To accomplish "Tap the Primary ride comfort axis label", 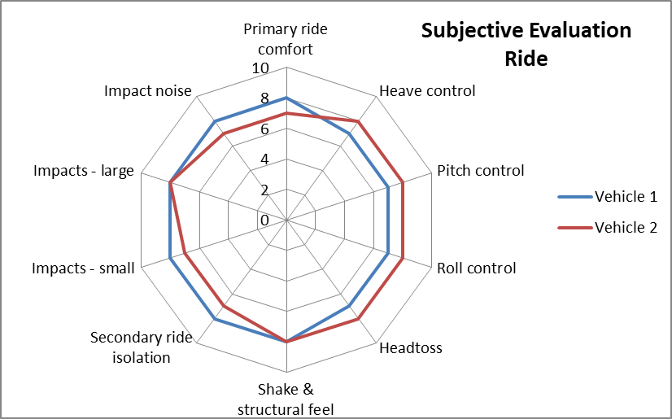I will coord(286,38).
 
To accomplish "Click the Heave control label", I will coord(427,90).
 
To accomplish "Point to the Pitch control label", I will coord(480,171).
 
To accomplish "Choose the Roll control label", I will coord(476,268).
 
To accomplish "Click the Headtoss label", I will coord(411,348).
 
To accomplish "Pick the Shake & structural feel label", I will coord(286,398).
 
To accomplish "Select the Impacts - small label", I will coord(83,268).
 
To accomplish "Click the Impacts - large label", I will coord(84,171).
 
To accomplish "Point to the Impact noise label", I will coord(147,90).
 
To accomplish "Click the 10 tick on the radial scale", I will coord(261,68).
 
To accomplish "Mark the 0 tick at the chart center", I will coord(264,220).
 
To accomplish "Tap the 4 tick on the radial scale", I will coord(264,159).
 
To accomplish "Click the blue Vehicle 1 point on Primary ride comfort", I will coord(286,98).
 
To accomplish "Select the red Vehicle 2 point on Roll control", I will coord(403,259).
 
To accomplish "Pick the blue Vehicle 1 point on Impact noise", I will coord(215,122).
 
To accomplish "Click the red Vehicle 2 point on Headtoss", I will coord(358,320).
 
